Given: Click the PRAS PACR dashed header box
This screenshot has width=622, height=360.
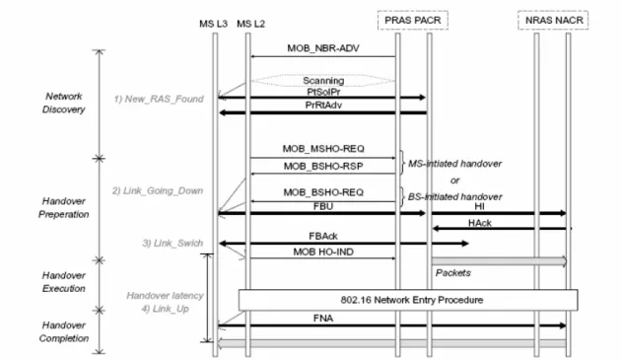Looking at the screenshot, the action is point(413,20).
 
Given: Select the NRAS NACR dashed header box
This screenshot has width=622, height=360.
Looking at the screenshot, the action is point(553,20).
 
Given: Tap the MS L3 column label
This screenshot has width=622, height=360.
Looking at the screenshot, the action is point(214,24).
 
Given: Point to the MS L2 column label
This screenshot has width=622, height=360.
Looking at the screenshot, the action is point(250,24).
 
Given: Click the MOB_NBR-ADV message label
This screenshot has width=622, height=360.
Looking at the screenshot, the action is point(323,48).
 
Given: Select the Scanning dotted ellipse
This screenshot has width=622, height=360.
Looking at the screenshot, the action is point(323,81).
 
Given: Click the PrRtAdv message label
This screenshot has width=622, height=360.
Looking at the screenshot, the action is point(323,106).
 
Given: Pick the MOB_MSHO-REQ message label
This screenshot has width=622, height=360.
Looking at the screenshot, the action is point(323,149).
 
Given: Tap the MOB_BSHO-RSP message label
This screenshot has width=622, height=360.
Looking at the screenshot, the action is point(323,167).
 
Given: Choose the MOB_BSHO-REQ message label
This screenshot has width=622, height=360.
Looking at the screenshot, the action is point(323,192).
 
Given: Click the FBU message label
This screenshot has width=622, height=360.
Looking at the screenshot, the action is point(323,206).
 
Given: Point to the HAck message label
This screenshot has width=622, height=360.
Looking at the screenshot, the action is point(480,223).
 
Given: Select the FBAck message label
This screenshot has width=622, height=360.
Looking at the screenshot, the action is point(323,236).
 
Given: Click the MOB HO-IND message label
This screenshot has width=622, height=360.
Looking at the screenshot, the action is point(323,252).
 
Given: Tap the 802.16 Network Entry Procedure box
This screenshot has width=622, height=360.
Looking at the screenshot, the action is point(408,300).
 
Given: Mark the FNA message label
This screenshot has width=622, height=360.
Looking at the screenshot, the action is point(323,319).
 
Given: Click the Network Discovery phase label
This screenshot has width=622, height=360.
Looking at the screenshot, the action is point(64,103).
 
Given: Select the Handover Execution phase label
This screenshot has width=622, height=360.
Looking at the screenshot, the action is point(64,282).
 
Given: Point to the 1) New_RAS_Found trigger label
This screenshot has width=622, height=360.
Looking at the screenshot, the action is point(159,99).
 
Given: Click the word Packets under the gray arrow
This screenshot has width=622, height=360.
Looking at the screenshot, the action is point(453,273).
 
